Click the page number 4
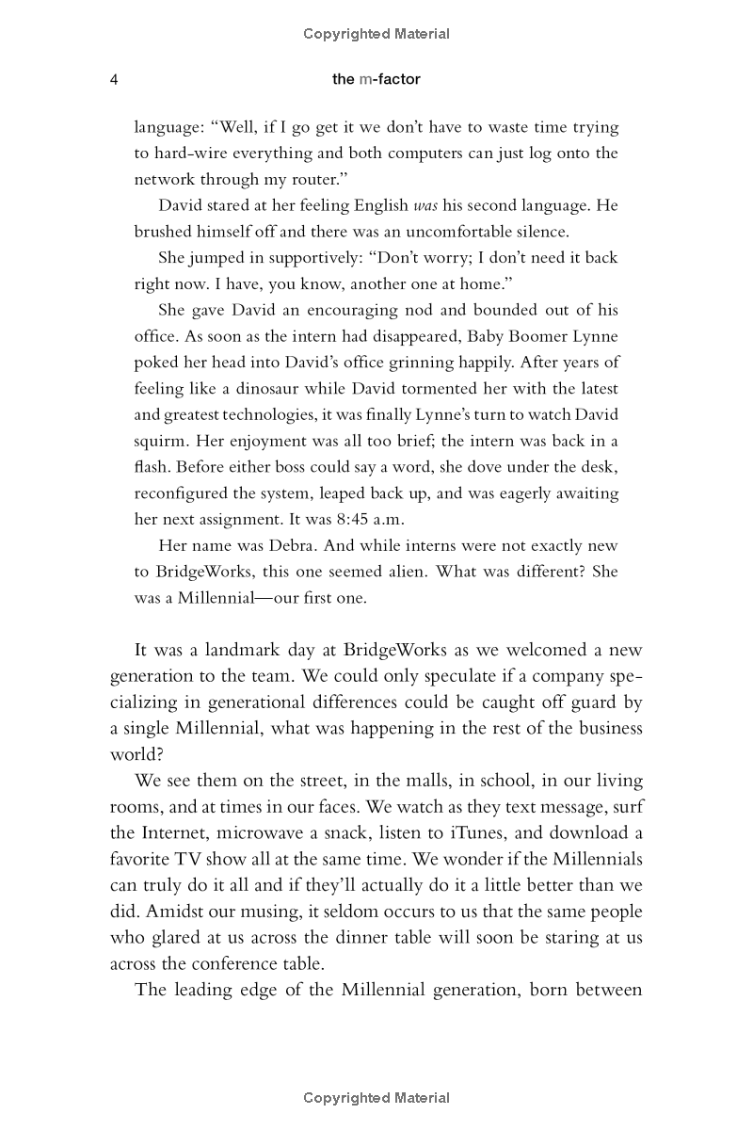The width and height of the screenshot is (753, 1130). tap(113, 80)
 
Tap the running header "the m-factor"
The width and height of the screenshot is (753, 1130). tap(376, 80)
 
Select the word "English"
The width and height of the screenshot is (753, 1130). tap(377, 205)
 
